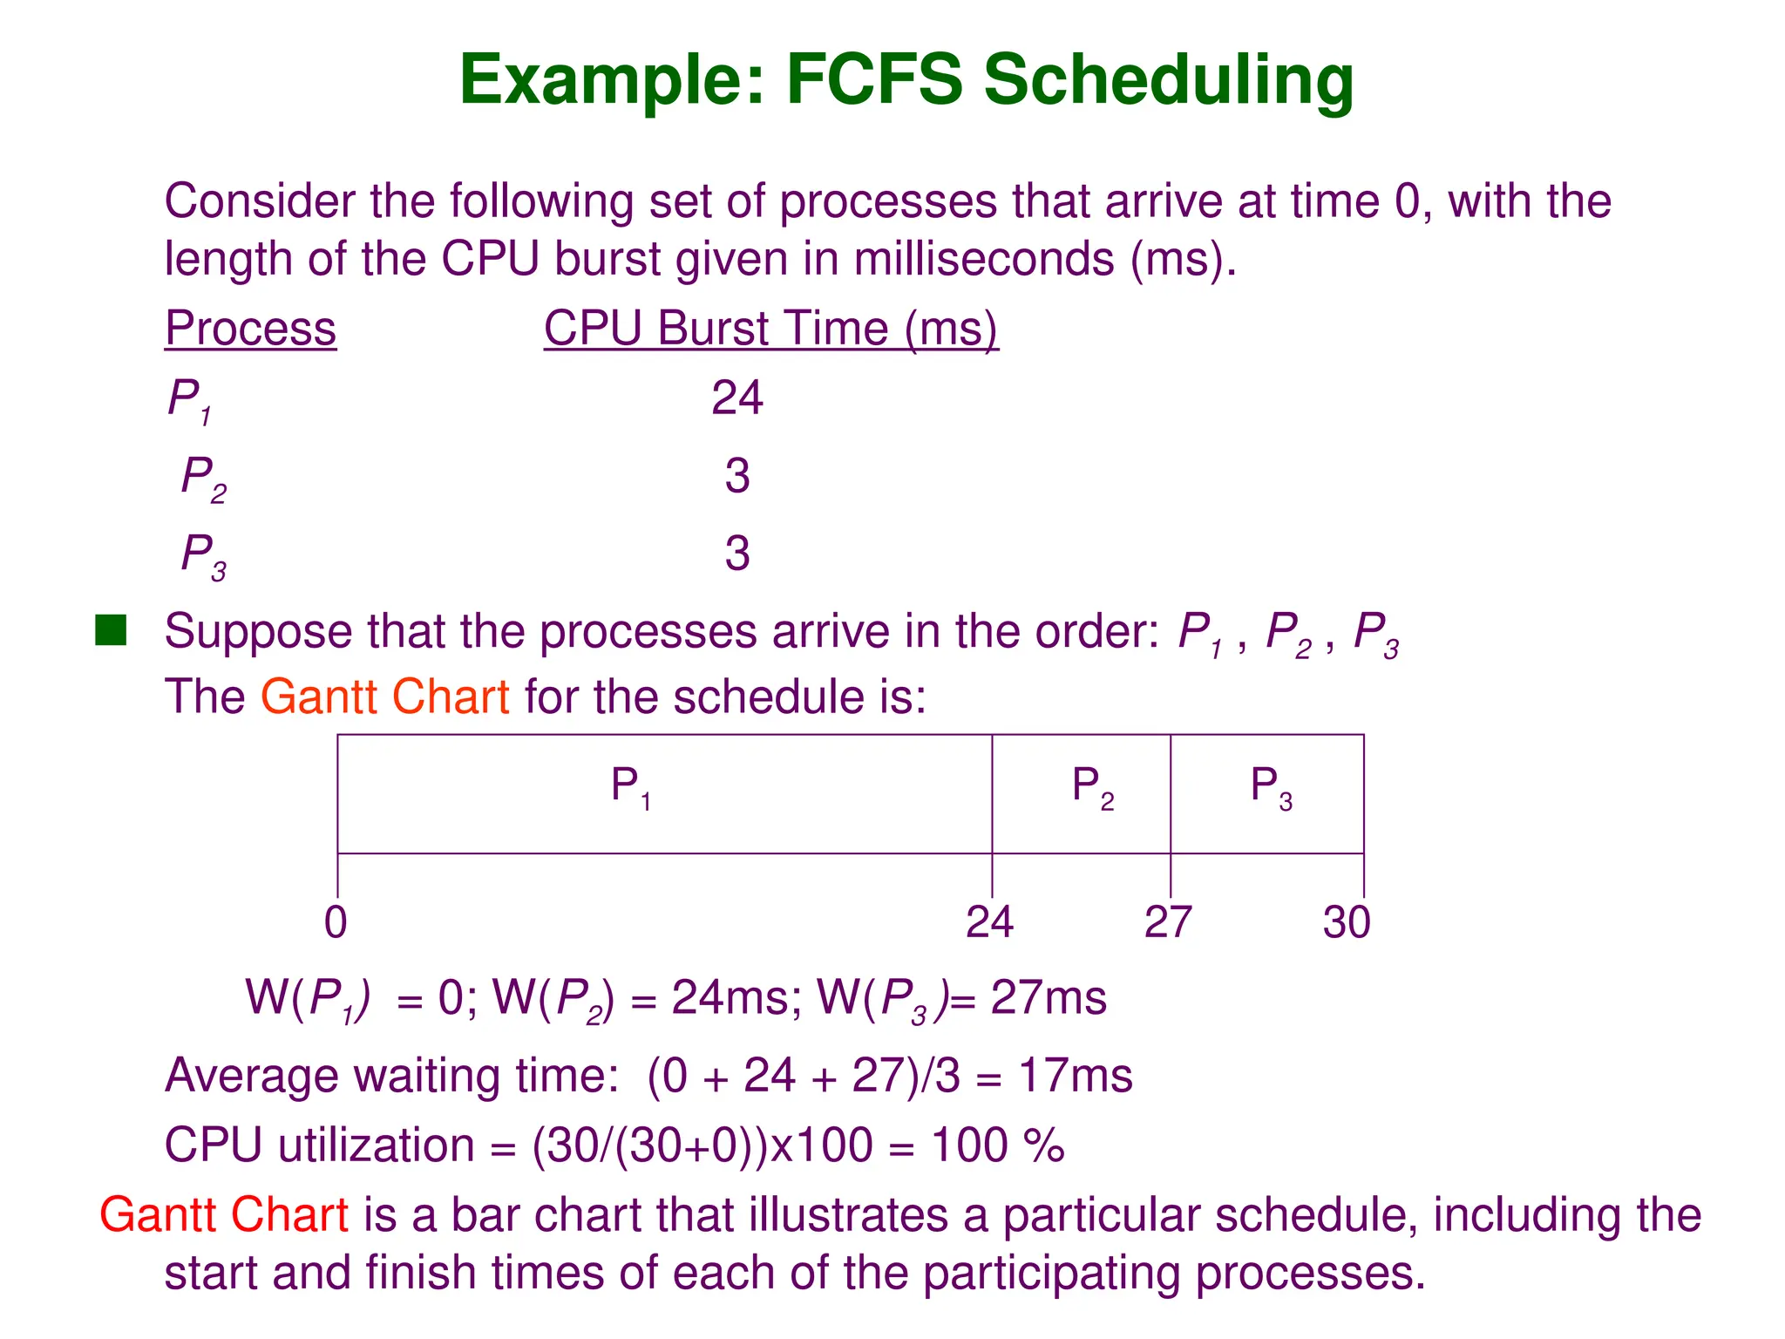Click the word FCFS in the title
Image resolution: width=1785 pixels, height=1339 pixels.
click(x=874, y=80)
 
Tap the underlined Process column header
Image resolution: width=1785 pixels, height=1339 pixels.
click(x=250, y=330)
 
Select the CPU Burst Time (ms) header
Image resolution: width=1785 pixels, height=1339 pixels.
click(x=770, y=330)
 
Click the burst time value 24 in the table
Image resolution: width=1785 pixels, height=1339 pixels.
click(x=736, y=398)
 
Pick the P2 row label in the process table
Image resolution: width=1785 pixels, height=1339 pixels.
click(x=203, y=479)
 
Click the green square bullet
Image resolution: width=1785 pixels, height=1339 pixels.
click(x=111, y=630)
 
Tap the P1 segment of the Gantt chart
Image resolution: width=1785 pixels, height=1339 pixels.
click(x=663, y=793)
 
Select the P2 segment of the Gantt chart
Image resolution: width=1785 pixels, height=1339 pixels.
click(x=1081, y=793)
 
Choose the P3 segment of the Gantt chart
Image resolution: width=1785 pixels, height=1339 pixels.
click(x=1266, y=793)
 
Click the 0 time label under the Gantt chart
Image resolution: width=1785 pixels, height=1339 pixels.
click(x=336, y=922)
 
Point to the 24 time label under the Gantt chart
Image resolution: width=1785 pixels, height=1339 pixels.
click(x=989, y=922)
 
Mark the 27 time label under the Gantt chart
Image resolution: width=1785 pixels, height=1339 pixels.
click(x=1168, y=922)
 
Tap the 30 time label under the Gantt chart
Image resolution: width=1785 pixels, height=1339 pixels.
click(x=1347, y=922)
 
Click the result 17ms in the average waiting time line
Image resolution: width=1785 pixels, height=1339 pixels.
click(x=1076, y=1075)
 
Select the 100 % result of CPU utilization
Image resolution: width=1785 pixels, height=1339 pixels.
click(x=997, y=1145)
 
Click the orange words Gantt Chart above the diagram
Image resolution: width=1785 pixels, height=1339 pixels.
click(x=384, y=697)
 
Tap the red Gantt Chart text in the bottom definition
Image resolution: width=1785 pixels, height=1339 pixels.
click(x=224, y=1215)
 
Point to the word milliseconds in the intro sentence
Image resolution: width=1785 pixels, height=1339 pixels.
click(x=984, y=260)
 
